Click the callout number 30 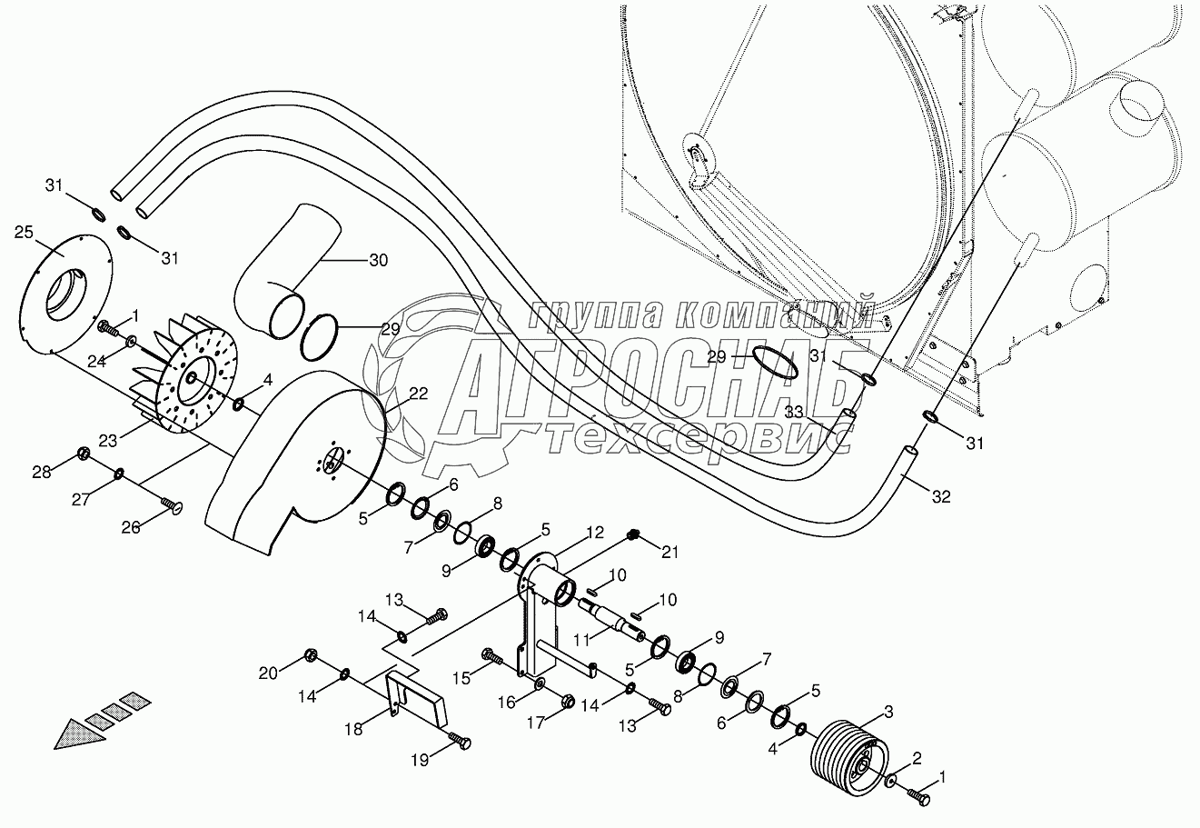tap(378, 261)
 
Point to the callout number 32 tap(941, 496)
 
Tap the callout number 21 tap(669, 553)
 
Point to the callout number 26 tap(131, 526)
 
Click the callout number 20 tap(268, 673)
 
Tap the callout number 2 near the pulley tap(917, 757)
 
